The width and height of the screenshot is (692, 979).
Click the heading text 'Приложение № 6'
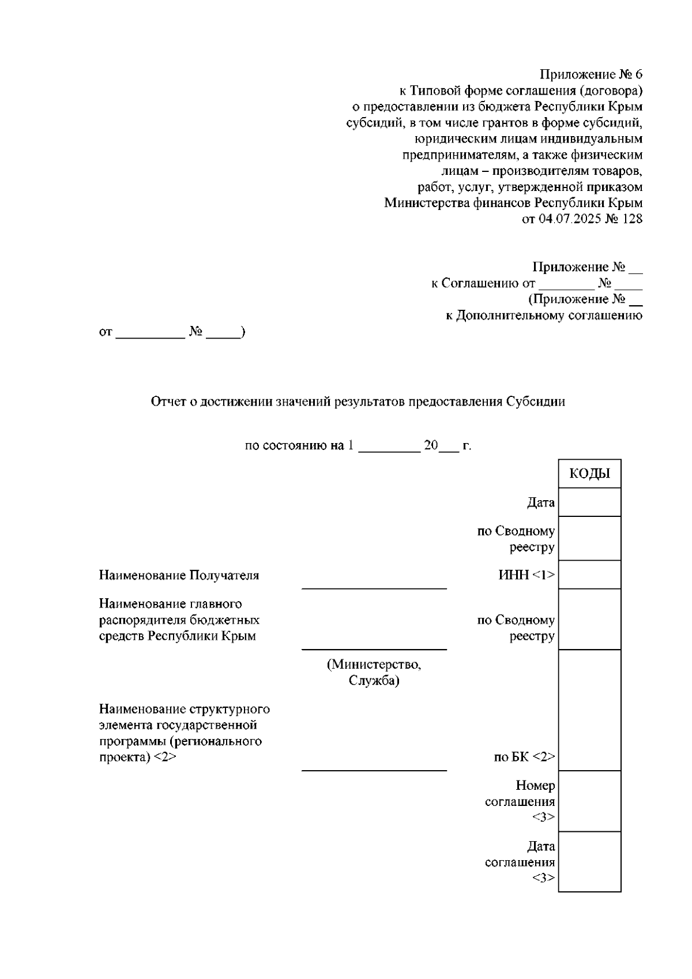[591, 74]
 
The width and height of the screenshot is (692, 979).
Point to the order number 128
[632, 219]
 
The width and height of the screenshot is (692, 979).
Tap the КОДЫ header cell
[589, 474]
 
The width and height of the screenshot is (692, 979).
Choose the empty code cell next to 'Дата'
[589, 502]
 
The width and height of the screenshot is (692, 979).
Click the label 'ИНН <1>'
[526, 575]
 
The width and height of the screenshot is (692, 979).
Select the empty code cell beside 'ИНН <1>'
[589, 575]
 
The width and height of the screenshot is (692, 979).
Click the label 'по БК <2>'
[524, 757]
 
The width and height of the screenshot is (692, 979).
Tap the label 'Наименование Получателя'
[179, 575]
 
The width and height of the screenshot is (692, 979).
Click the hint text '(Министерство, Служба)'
[374, 673]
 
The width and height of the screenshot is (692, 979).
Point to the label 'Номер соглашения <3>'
[520, 801]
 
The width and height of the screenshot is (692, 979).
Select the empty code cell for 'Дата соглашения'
[589, 862]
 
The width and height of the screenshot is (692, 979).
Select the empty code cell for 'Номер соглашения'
[589, 801]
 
